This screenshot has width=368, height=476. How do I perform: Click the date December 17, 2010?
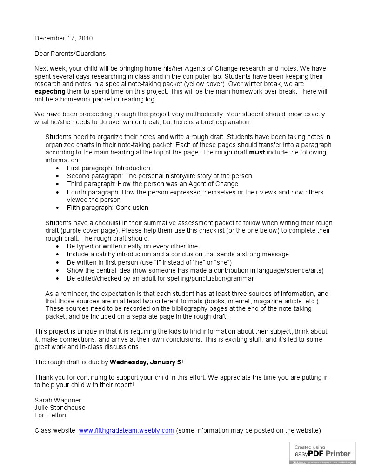tap(63, 38)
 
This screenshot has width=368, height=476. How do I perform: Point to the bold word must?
tap(257, 152)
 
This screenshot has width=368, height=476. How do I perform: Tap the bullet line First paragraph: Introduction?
tap(108, 168)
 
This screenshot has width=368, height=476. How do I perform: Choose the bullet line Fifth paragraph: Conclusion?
tap(107, 208)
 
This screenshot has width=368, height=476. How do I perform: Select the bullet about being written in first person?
tap(149, 262)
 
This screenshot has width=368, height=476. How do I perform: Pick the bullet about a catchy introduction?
tap(177, 255)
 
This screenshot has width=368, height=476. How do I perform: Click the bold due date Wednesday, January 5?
tap(145, 362)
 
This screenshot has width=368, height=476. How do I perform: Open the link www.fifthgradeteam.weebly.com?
tap(126, 430)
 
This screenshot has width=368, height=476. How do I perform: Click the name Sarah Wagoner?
tap(58, 400)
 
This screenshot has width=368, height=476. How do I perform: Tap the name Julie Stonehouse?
tap(60, 408)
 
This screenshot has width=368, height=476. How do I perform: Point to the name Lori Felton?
tap(50, 415)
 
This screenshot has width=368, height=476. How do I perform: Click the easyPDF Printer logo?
tap(322, 452)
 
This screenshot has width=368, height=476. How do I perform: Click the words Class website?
tap(55, 430)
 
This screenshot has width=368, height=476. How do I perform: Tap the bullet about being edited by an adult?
tap(160, 278)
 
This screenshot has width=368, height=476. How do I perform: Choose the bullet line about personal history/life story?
tap(159, 176)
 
